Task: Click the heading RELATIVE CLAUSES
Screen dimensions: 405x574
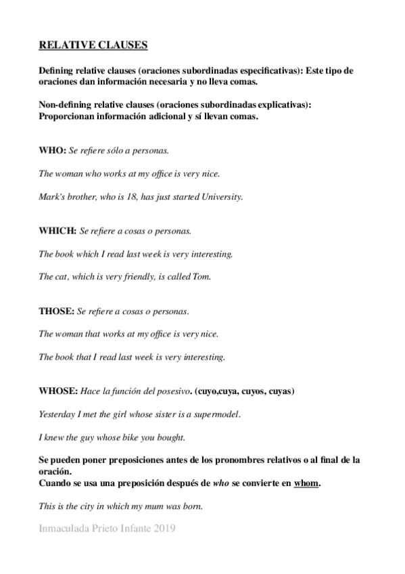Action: click(93, 45)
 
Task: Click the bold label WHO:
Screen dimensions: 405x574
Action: click(52, 150)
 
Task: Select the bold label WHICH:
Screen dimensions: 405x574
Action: click(57, 230)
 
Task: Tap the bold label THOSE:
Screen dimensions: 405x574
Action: click(56, 311)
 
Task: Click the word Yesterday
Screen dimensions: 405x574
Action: click(57, 414)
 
